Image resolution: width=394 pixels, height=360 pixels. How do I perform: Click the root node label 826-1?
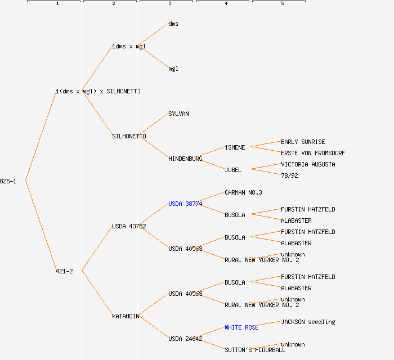[x=8, y=181]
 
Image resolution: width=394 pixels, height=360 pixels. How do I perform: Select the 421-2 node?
[x=64, y=271]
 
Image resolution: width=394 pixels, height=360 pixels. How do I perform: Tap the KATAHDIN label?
[x=126, y=316]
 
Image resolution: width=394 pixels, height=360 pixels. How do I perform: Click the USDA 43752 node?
[x=129, y=226]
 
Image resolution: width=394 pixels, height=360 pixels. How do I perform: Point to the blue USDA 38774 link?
[x=185, y=204]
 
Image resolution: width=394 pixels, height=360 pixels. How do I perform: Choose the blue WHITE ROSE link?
[x=241, y=327]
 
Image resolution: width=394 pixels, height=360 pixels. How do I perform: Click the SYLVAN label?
[x=178, y=114]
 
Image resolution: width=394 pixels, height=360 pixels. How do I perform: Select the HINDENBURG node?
[x=185, y=159]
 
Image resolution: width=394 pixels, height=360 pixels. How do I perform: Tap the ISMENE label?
[x=235, y=147]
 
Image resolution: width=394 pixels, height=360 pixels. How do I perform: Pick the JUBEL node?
[x=233, y=170]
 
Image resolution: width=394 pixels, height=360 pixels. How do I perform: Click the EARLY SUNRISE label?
[x=303, y=142]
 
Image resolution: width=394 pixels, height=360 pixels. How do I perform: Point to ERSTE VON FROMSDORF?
[x=313, y=153]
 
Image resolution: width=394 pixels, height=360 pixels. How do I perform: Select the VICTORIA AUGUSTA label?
[x=308, y=164]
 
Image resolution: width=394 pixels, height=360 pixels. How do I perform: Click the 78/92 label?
[x=289, y=175]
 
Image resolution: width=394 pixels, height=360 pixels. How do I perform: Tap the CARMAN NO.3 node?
[x=243, y=192]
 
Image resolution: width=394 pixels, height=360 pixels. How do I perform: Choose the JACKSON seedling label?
[x=308, y=322]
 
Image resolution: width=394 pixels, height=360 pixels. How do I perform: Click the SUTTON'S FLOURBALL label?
[x=255, y=350]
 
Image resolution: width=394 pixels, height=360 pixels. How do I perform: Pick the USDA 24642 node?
[x=185, y=339]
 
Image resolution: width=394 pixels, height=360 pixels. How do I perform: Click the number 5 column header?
[x=282, y=3]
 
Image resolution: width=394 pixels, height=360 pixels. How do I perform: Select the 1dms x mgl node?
[x=129, y=46]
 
